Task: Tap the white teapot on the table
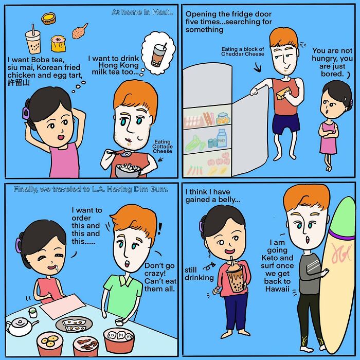click(x=19, y=326)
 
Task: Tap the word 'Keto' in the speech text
click(x=279, y=258)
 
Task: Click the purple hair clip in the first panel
click(x=24, y=112)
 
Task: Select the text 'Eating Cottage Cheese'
click(x=162, y=146)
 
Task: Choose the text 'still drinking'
click(x=199, y=274)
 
